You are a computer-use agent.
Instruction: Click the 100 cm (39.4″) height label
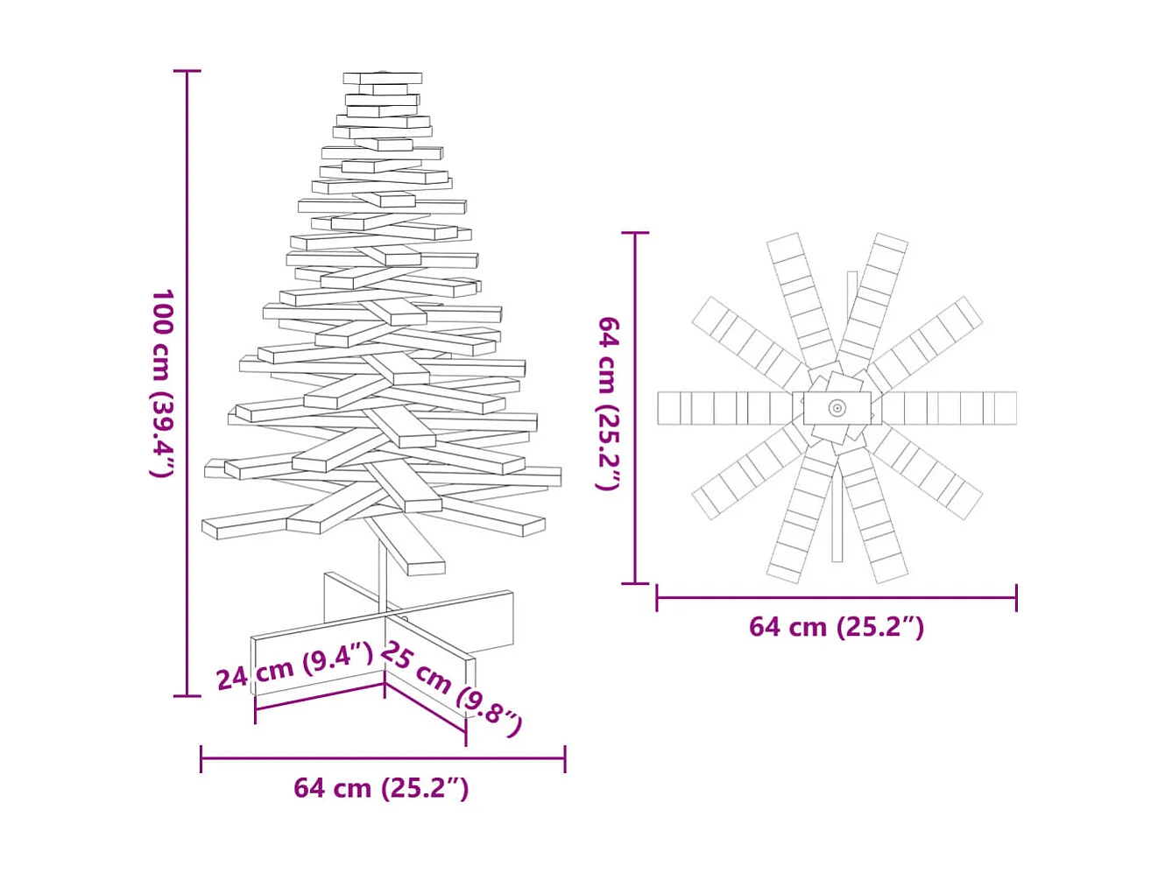pos(163,384)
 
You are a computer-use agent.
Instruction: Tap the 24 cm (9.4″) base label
pos(294,665)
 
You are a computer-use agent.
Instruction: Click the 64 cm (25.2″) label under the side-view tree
pos(381,788)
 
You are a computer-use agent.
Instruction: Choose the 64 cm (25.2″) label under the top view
pos(837,627)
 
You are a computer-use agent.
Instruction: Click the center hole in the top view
pos(837,408)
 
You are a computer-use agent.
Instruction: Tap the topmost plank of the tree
pos(382,78)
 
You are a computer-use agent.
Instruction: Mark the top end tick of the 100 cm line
pos(187,71)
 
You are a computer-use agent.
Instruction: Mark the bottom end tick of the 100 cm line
pos(187,696)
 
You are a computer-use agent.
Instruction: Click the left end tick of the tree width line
pos(201,759)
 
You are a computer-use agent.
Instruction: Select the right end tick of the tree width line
pos(565,759)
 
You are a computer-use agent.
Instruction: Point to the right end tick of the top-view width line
pos(1016,598)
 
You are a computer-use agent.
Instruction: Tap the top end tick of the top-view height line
pos(635,233)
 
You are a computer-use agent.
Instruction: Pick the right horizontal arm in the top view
pos(950,408)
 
